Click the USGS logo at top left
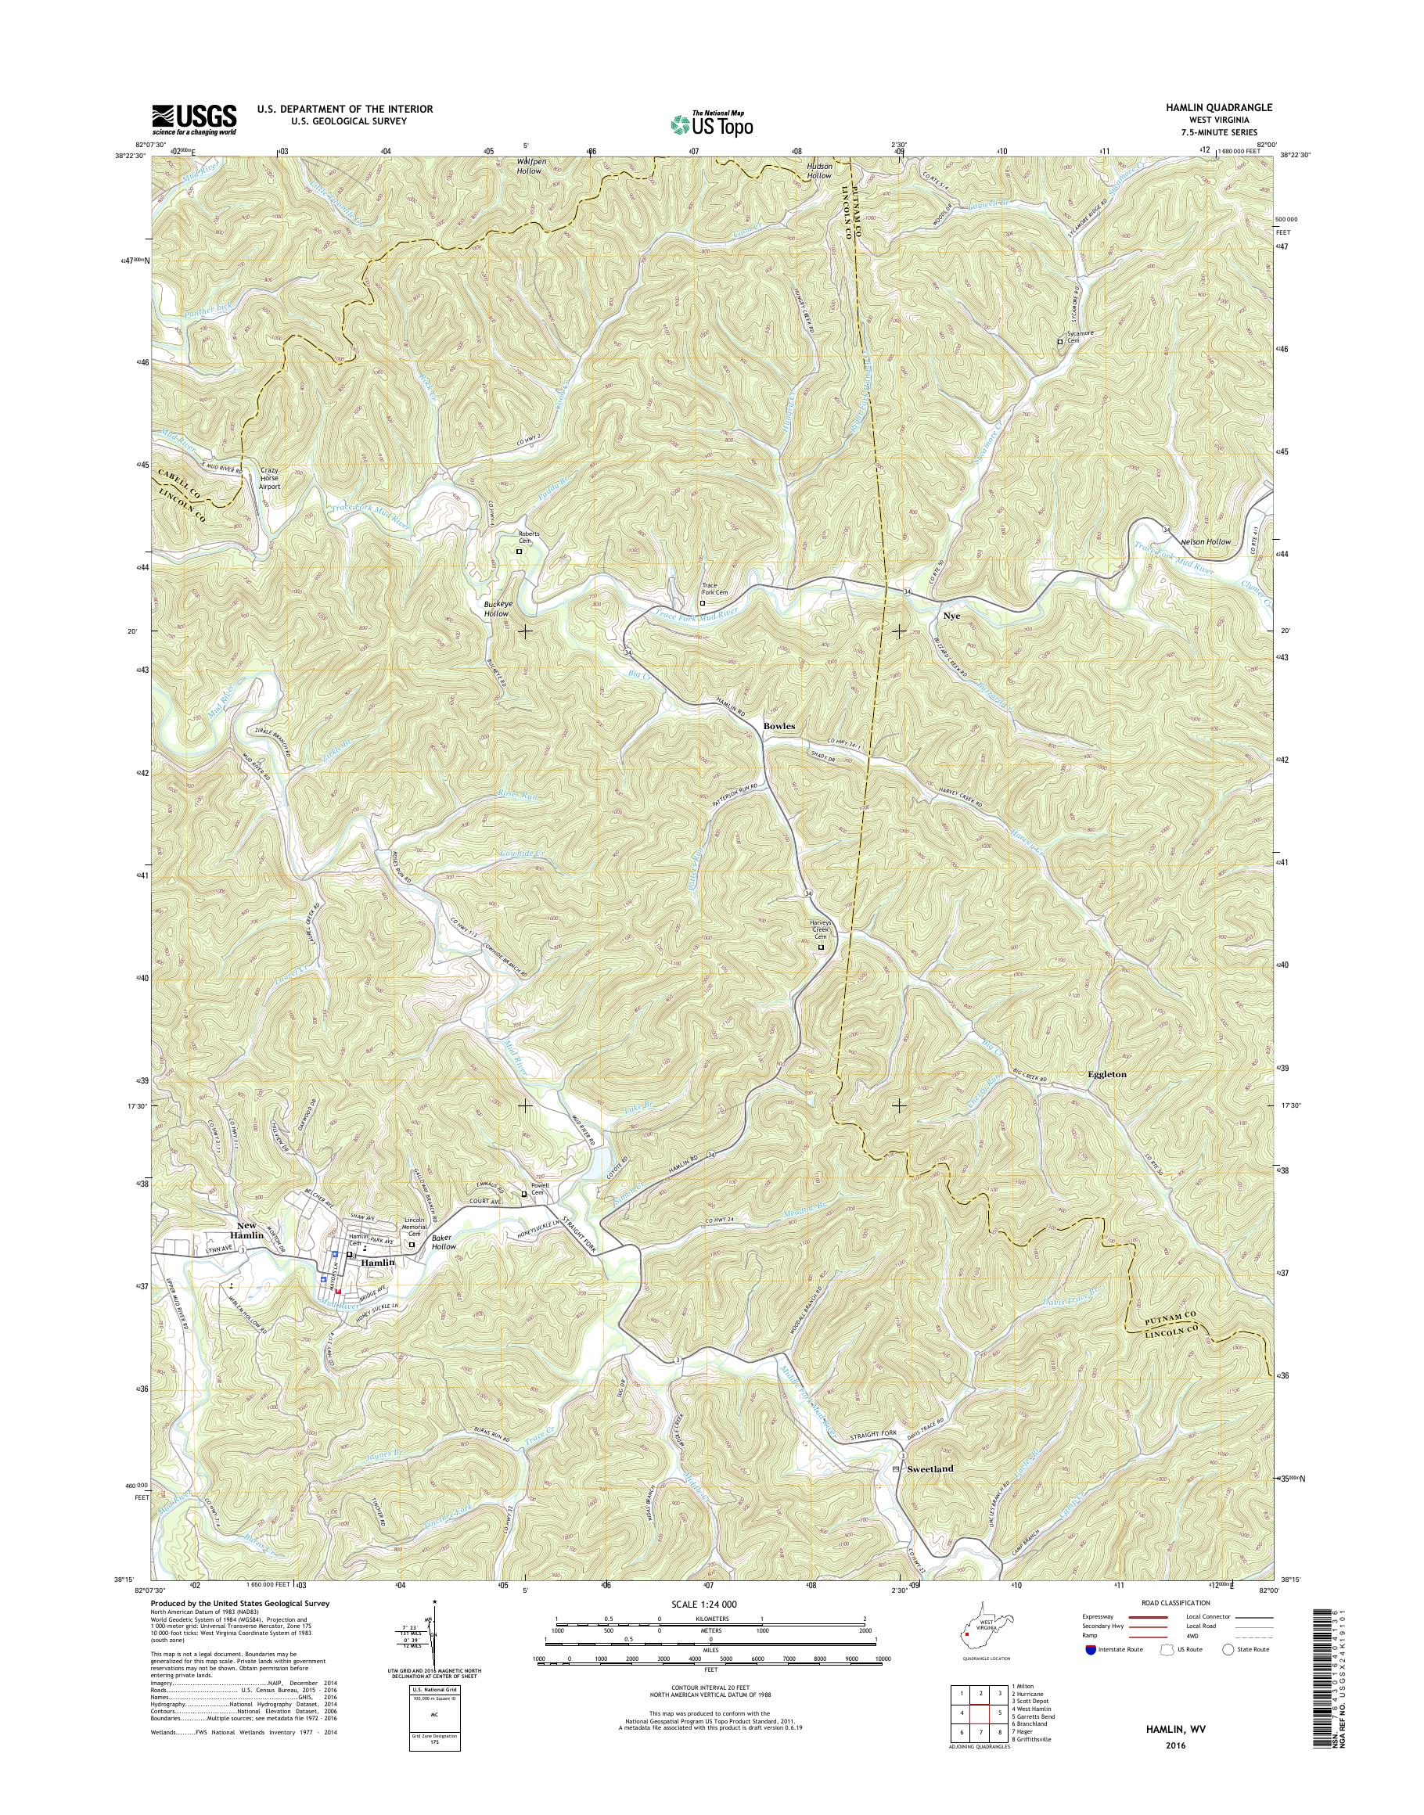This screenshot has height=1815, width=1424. tap(193, 119)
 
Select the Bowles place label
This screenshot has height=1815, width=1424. tap(779, 726)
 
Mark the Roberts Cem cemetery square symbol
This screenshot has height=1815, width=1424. tap(519, 551)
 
